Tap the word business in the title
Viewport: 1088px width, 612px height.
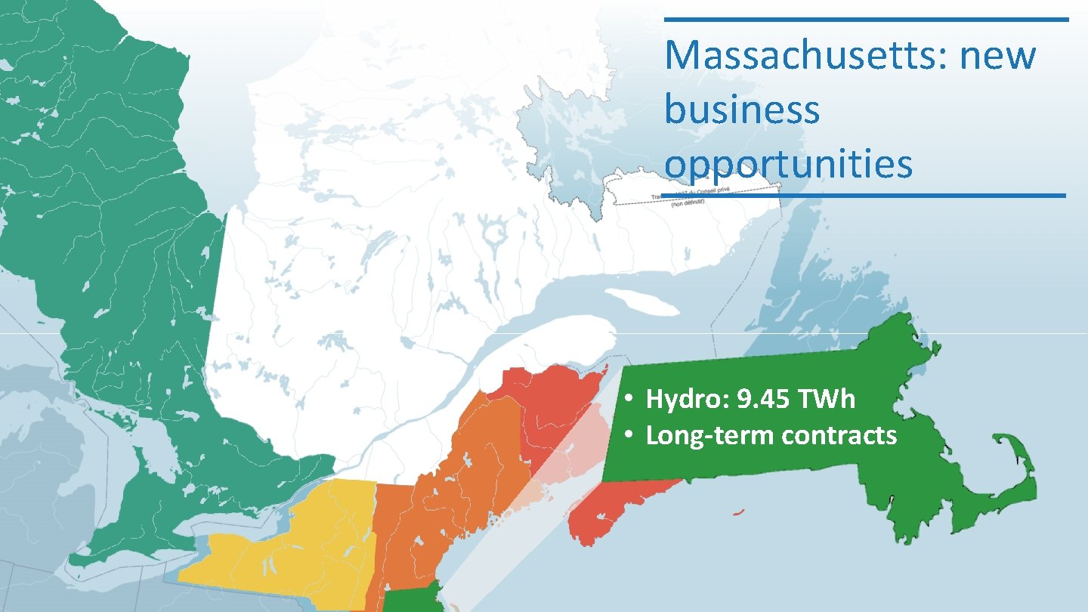[742, 110]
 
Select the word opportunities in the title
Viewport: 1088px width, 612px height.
[788, 164]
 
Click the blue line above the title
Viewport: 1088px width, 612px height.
[866, 20]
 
